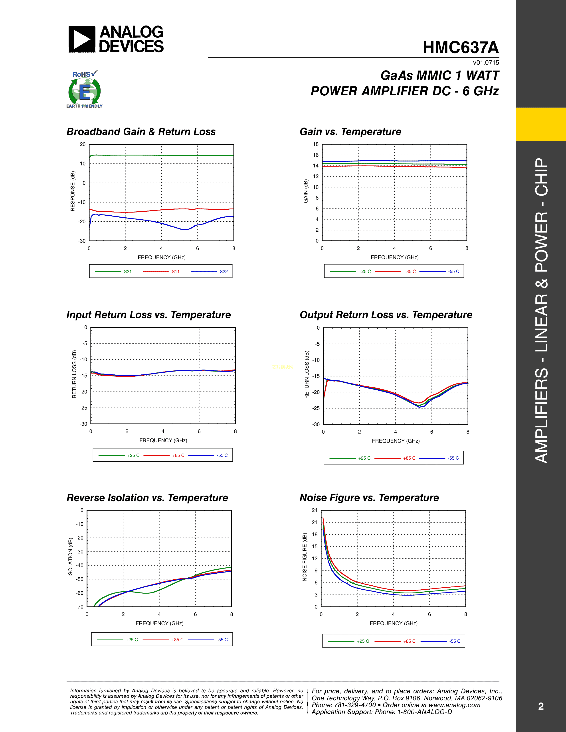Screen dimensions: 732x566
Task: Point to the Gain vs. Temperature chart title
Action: [350, 132]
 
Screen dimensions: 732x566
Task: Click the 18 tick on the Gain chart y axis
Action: [316, 144]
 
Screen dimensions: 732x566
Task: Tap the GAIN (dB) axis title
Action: [305, 191]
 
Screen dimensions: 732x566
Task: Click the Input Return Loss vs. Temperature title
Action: [148, 315]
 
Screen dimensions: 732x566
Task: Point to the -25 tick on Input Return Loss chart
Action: [83, 408]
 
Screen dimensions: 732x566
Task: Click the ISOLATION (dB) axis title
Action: [70, 557]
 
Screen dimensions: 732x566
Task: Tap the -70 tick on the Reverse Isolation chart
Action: [79, 607]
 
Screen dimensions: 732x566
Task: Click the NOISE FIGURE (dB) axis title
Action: [305, 557]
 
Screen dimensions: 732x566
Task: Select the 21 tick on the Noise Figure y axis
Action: [314, 522]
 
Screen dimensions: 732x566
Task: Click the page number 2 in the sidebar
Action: [540, 706]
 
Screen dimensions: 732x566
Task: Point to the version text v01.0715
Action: [486, 63]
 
